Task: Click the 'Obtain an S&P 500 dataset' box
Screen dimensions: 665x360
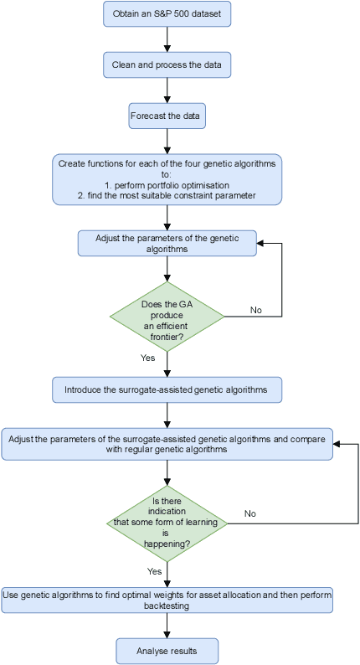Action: pyautogui.click(x=167, y=13)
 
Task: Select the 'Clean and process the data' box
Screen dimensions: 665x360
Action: pyautogui.click(x=167, y=64)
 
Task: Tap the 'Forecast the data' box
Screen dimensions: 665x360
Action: pyautogui.click(x=167, y=116)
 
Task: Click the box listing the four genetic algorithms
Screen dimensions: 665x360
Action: pyautogui.click(x=167, y=179)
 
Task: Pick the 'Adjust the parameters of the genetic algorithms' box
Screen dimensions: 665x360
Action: pyautogui.click(x=167, y=244)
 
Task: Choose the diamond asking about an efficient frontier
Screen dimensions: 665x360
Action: pyautogui.click(x=167, y=316)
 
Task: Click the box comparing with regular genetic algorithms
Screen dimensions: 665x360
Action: pyautogui.click(x=167, y=444)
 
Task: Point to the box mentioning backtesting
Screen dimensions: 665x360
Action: pyautogui.click(x=167, y=600)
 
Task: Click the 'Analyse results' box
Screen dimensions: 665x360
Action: pyautogui.click(x=167, y=651)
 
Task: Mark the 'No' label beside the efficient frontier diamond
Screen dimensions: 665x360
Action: pyautogui.click(x=256, y=310)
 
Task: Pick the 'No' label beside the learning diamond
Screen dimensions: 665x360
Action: pyautogui.click(x=250, y=513)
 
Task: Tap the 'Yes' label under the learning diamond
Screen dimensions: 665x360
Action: pyautogui.click(x=154, y=571)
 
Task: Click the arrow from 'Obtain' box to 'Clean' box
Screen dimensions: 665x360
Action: pyautogui.click(x=167, y=39)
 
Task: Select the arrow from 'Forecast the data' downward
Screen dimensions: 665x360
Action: pyautogui.click(x=167, y=142)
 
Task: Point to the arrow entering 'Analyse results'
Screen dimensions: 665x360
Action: pyautogui.click(x=167, y=626)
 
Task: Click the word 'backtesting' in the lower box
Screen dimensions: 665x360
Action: pyautogui.click(x=167, y=606)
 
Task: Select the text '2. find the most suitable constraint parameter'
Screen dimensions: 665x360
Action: pyautogui.click(x=167, y=195)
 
